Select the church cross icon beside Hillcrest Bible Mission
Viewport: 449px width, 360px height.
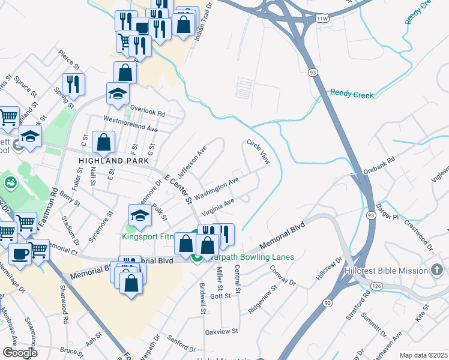coord(436,270)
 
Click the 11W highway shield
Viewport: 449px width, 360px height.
coord(323,19)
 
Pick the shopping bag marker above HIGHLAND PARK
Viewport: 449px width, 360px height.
coord(104,142)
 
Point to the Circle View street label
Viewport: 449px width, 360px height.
coord(259,153)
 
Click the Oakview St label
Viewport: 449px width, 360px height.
coord(222,331)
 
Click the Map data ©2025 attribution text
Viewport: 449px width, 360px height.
coord(423,355)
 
